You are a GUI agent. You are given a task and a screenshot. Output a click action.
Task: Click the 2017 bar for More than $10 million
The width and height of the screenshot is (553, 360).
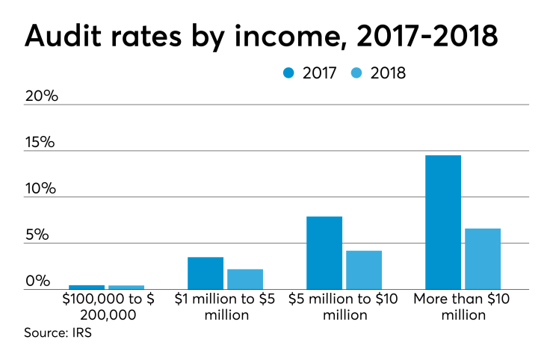pos(442,222)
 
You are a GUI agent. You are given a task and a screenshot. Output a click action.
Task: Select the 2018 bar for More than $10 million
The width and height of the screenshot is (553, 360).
pos(482,258)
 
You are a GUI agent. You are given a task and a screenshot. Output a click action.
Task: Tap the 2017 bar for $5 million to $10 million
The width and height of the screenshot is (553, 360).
pos(324,252)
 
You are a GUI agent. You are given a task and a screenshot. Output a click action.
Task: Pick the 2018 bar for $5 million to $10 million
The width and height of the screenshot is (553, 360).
pos(364,270)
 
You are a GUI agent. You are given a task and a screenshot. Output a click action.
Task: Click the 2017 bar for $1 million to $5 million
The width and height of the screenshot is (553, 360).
pos(206,273)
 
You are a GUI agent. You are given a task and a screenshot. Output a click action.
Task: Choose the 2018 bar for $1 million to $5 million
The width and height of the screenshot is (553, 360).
pos(245,279)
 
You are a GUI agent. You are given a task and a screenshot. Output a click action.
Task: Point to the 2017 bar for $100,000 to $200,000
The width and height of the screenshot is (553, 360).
pos(87,287)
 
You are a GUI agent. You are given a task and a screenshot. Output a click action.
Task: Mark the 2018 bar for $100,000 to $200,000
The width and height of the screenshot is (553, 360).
pos(126,287)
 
